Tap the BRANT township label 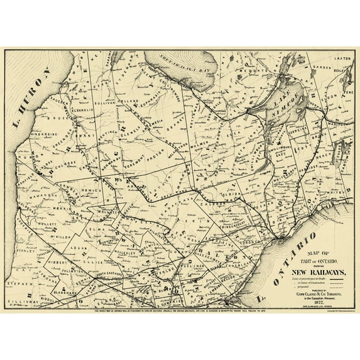[x=89, y=135]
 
